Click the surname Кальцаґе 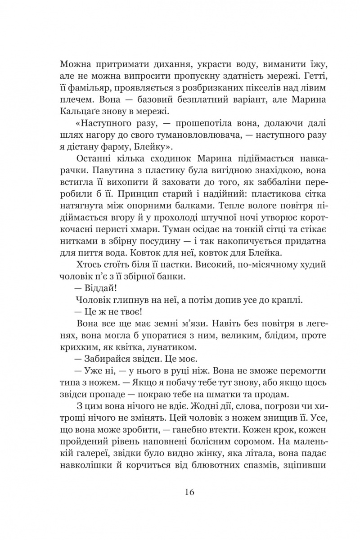tap(86, 110)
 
